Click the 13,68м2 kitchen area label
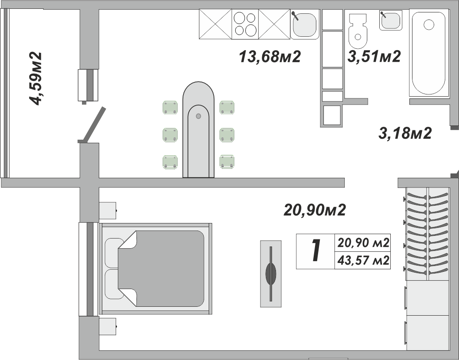(270, 57)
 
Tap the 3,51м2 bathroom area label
(374, 57)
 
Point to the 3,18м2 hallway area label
(405, 133)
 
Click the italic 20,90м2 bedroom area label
(315, 210)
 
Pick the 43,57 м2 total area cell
(363, 260)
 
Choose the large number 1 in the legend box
(315, 251)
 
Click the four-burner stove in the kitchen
(245, 24)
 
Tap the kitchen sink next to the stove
(304, 24)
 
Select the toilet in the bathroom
(358, 31)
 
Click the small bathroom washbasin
(390, 20)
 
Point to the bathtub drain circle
(429, 24)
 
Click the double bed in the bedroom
(156, 269)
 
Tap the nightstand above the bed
(108, 210)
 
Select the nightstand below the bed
(108, 327)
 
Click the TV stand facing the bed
(271, 274)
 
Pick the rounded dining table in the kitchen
(198, 129)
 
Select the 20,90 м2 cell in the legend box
(363, 243)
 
